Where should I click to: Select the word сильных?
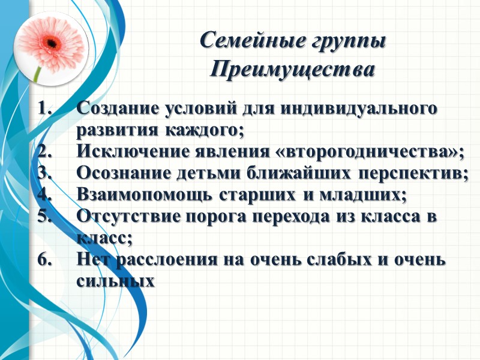point(115,281)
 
